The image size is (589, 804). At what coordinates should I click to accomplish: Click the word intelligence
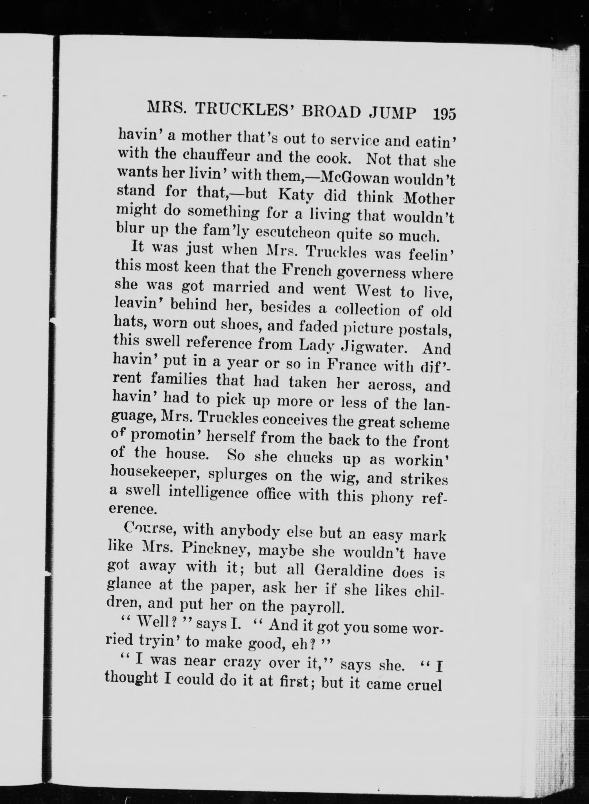(208, 494)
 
